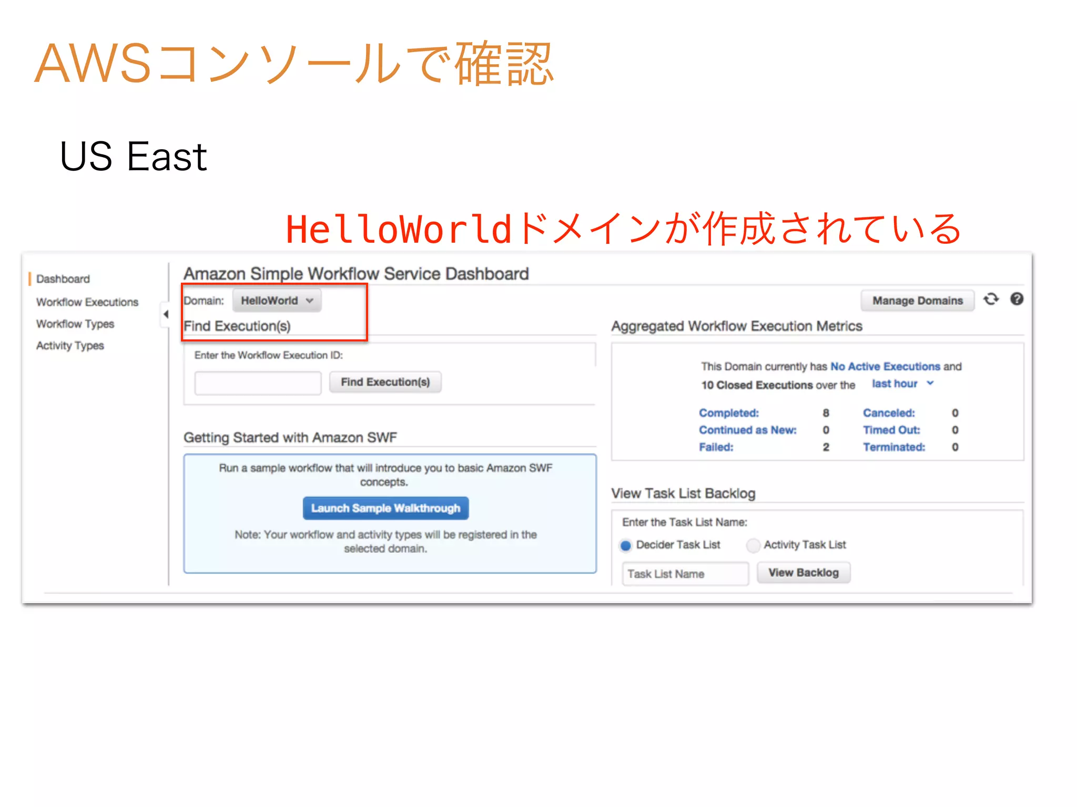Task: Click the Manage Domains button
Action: (917, 301)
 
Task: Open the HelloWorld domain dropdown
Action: (277, 301)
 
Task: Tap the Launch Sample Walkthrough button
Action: (385, 508)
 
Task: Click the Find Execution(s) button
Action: (385, 382)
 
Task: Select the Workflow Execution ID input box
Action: (258, 382)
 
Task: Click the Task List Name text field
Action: (685, 574)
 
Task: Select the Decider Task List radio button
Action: (626, 545)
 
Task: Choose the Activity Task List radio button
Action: (753, 545)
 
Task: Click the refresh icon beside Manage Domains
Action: (991, 299)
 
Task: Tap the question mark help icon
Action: (1017, 299)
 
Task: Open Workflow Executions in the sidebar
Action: (87, 302)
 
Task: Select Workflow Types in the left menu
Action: (75, 324)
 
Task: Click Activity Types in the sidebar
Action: (70, 346)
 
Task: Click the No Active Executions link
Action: (885, 366)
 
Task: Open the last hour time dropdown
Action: (902, 384)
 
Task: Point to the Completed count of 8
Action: (826, 413)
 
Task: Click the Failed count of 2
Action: (826, 447)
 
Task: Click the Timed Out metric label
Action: (891, 430)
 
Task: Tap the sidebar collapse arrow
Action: (166, 314)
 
